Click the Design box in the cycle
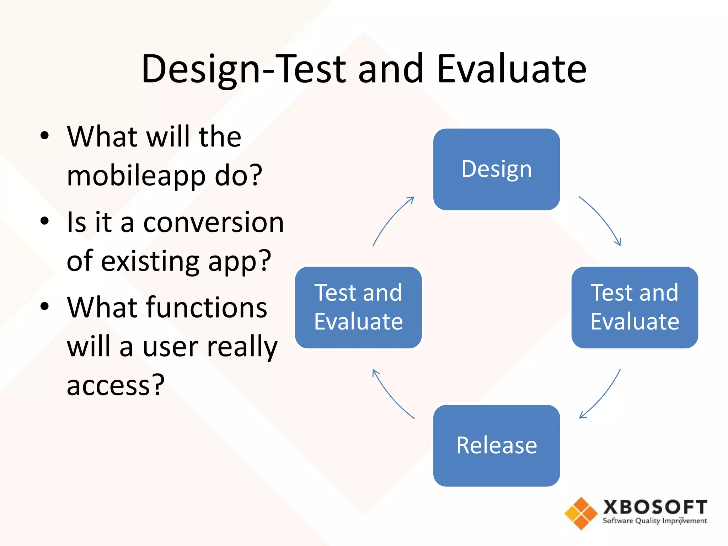pos(496,169)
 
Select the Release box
pos(496,445)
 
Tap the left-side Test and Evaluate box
pos(358,307)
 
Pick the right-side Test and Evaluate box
pos(635,307)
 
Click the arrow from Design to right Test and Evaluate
pos(602,218)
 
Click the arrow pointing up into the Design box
pos(391,219)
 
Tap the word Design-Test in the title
pos(244,69)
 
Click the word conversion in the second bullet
pos(213,223)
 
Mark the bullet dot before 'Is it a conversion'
pos(44,221)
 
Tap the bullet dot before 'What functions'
pos(44,306)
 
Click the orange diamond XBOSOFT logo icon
pos(581,513)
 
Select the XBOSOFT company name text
pos(655,507)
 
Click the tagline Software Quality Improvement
pos(655,521)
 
